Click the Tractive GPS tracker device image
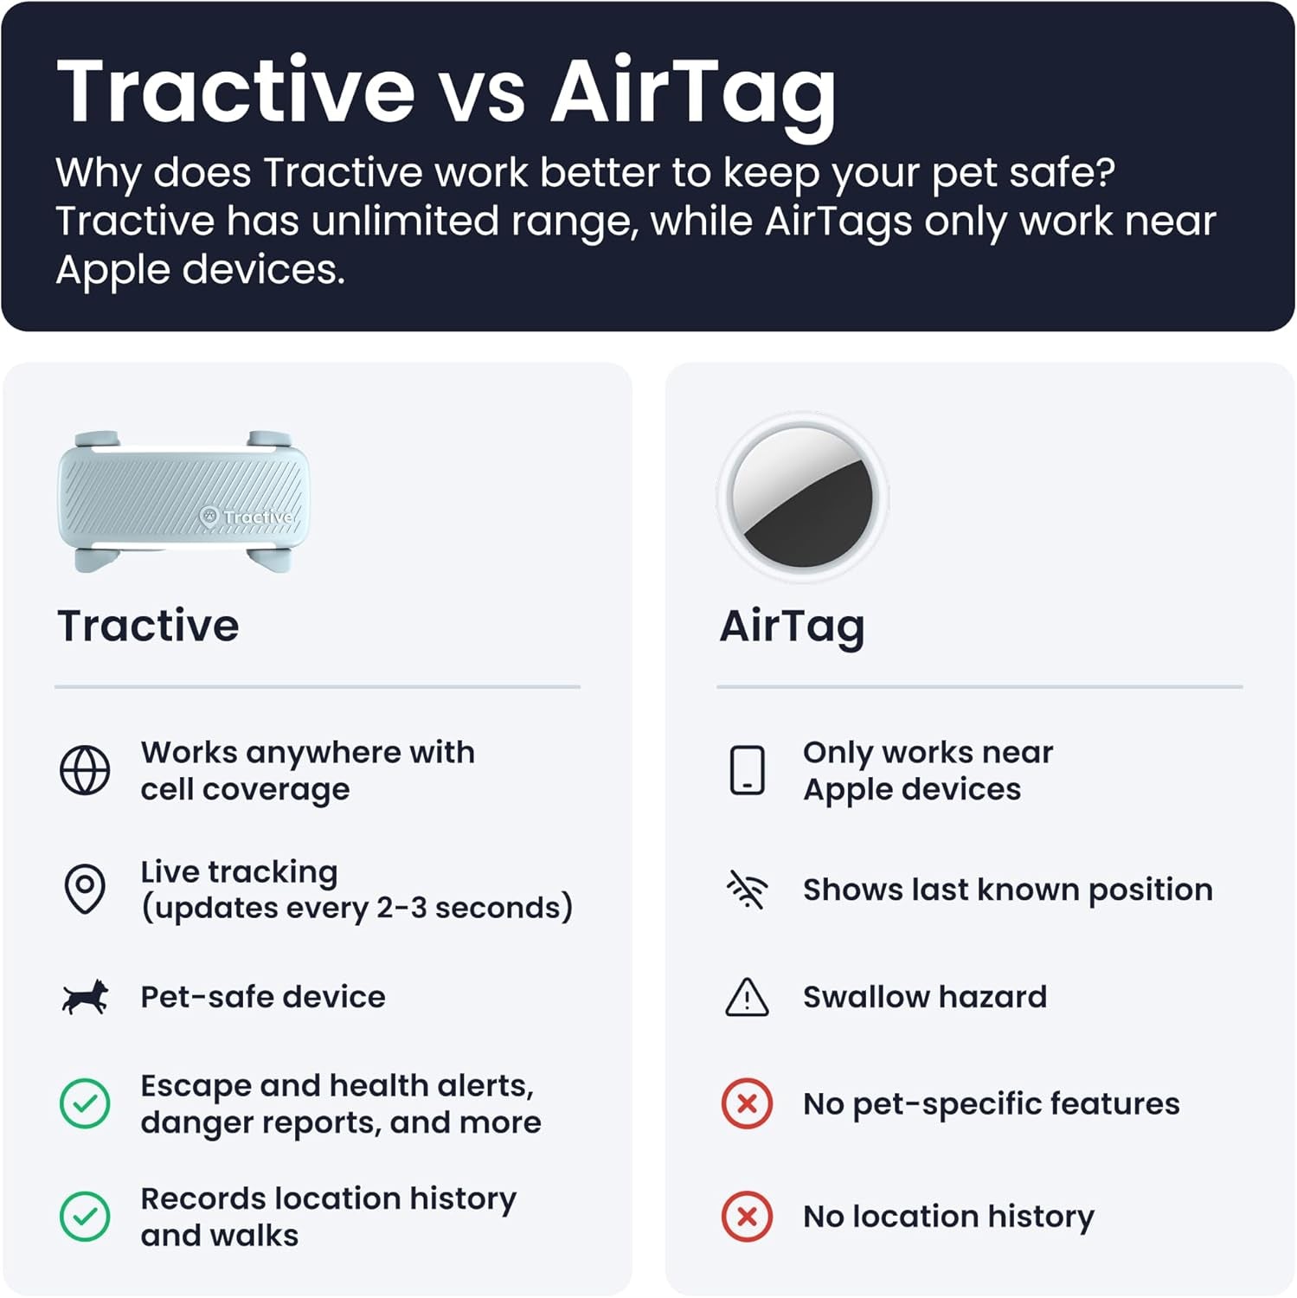coord(183,501)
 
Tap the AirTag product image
coord(803,497)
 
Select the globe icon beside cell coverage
coord(85,769)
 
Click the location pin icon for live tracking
coord(85,889)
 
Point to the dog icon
coord(85,997)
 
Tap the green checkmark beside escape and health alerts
coord(85,1103)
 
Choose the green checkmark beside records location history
coord(85,1216)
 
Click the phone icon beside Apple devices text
coord(748,769)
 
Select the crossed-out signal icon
coord(747,890)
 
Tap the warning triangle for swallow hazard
coord(747,998)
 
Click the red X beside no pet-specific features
coord(747,1103)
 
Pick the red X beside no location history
coord(747,1216)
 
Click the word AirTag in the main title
coord(694,94)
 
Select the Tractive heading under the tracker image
coord(148,625)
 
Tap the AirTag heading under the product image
coord(792,627)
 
